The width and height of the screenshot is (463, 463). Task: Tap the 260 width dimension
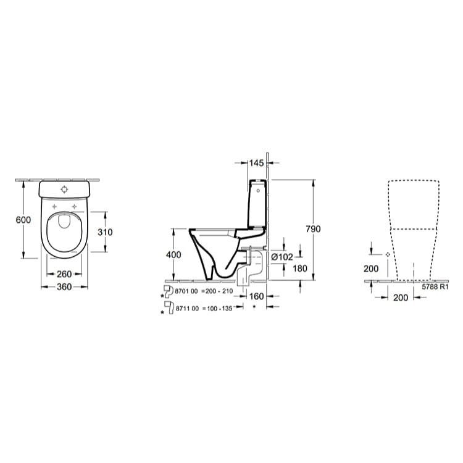tap(65, 274)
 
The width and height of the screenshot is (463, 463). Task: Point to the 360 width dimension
tap(65, 287)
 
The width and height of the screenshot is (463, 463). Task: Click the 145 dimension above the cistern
tap(256, 163)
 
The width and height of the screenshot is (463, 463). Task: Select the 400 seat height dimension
tap(174, 254)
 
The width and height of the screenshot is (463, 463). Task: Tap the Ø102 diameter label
tap(281, 257)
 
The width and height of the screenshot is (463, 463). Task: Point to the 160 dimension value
tap(256, 297)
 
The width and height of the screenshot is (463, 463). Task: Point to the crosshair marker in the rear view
tap(388, 254)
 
